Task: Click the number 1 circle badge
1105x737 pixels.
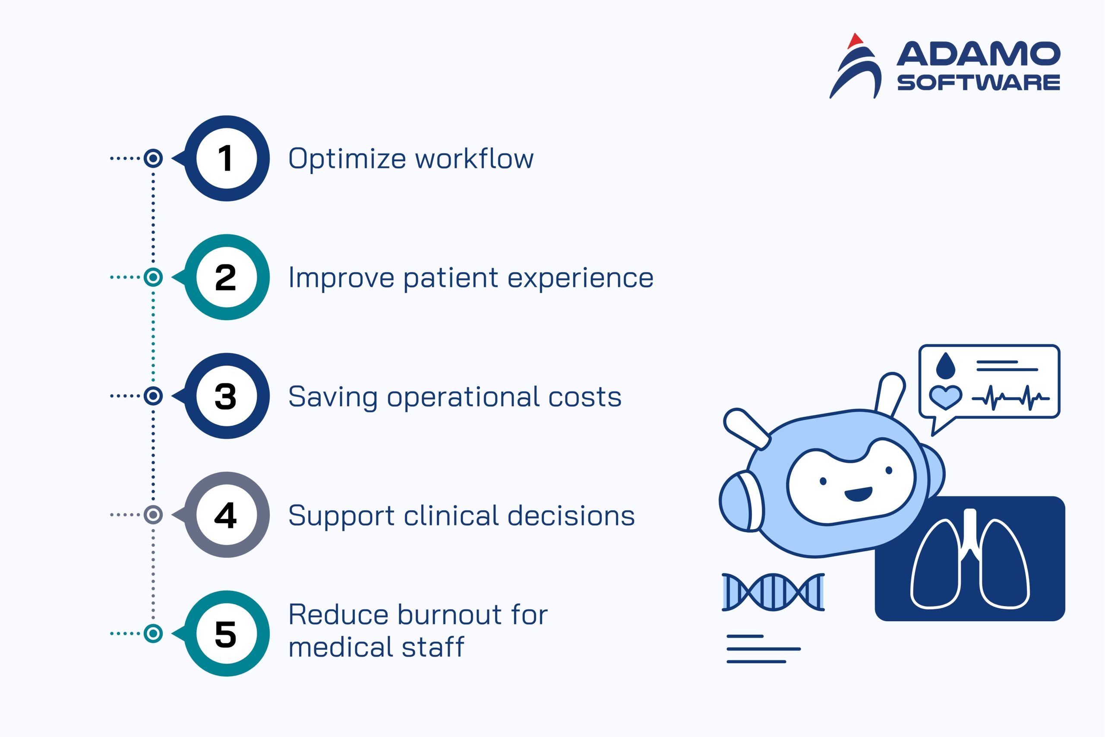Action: point(226,159)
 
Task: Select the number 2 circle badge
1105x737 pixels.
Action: point(226,277)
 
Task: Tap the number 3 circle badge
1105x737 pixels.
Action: point(226,396)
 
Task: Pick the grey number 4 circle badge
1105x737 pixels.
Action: point(226,515)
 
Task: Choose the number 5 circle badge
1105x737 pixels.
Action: point(226,634)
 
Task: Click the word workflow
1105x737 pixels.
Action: point(474,159)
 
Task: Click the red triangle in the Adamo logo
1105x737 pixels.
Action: point(855,41)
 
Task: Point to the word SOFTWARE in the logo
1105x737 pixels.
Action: point(979,83)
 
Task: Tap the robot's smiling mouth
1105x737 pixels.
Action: point(858,494)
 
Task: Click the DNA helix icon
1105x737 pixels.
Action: point(773,592)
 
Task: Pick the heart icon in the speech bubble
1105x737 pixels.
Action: point(946,397)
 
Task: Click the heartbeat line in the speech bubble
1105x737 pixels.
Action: point(1010,398)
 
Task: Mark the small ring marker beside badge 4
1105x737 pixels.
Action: point(153,515)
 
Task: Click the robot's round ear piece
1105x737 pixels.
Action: point(741,502)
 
